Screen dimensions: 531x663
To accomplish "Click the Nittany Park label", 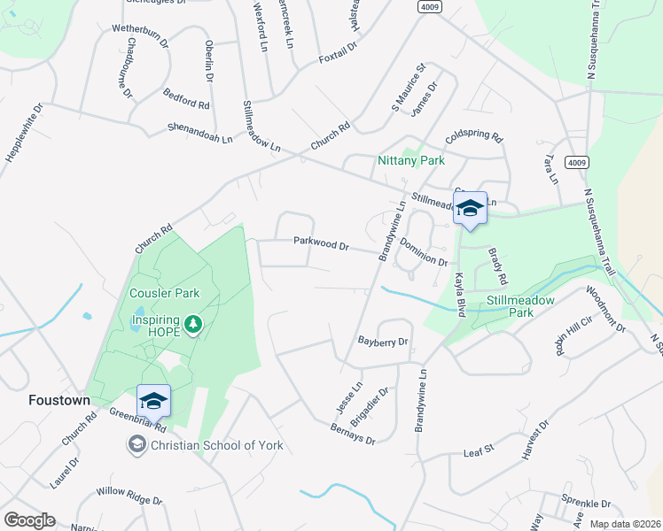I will coord(410,160).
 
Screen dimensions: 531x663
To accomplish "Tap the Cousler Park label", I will coord(164,293).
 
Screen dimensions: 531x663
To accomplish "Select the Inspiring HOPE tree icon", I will coord(193,326).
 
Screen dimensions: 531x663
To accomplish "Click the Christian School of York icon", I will coord(137,444).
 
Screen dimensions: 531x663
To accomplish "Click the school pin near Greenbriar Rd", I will coord(153,401).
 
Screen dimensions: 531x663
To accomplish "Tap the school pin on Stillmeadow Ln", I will coord(471,209).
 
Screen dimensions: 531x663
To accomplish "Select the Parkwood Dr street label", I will coord(321,242).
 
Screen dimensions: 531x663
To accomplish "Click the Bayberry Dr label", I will coord(382,341).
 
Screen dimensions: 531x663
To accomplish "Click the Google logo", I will coord(28,520).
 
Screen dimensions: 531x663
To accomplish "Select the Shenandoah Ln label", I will coord(199,134).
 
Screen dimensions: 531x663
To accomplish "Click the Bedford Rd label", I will coord(186,98).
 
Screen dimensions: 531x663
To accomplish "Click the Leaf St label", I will coord(478,452).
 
